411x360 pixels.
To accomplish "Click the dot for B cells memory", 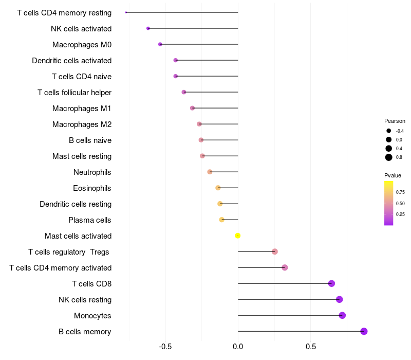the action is coord(364,331).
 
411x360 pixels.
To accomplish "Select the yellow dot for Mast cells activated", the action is coord(238,236).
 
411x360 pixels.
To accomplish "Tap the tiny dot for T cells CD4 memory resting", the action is coord(126,12).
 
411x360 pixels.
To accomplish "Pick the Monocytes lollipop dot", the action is coord(342,315).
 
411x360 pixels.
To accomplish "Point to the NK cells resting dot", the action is coord(340,299).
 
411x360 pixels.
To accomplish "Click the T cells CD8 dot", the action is coord(331,283).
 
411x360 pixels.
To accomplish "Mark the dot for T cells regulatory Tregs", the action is coord(275,251).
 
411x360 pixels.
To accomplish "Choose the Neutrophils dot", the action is coord(210,172).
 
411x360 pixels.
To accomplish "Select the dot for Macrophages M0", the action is coord(160,44).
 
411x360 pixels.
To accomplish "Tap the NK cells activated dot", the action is coord(148,28).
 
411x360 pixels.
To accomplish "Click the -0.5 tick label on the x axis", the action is coord(165,347).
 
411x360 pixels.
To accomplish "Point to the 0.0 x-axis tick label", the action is coord(238,347).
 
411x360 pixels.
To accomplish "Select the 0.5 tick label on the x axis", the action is coord(311,347).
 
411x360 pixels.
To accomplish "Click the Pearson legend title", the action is coord(395,121).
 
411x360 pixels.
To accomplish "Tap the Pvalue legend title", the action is coord(393,175).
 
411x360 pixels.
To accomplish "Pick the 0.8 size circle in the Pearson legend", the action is coord(389,157).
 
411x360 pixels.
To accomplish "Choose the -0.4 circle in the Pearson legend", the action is coord(389,131).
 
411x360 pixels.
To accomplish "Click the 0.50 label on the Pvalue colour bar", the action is coord(400,204).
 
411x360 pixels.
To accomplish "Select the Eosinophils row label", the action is coord(92,188).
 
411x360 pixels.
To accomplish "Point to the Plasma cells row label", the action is coord(89,220).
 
